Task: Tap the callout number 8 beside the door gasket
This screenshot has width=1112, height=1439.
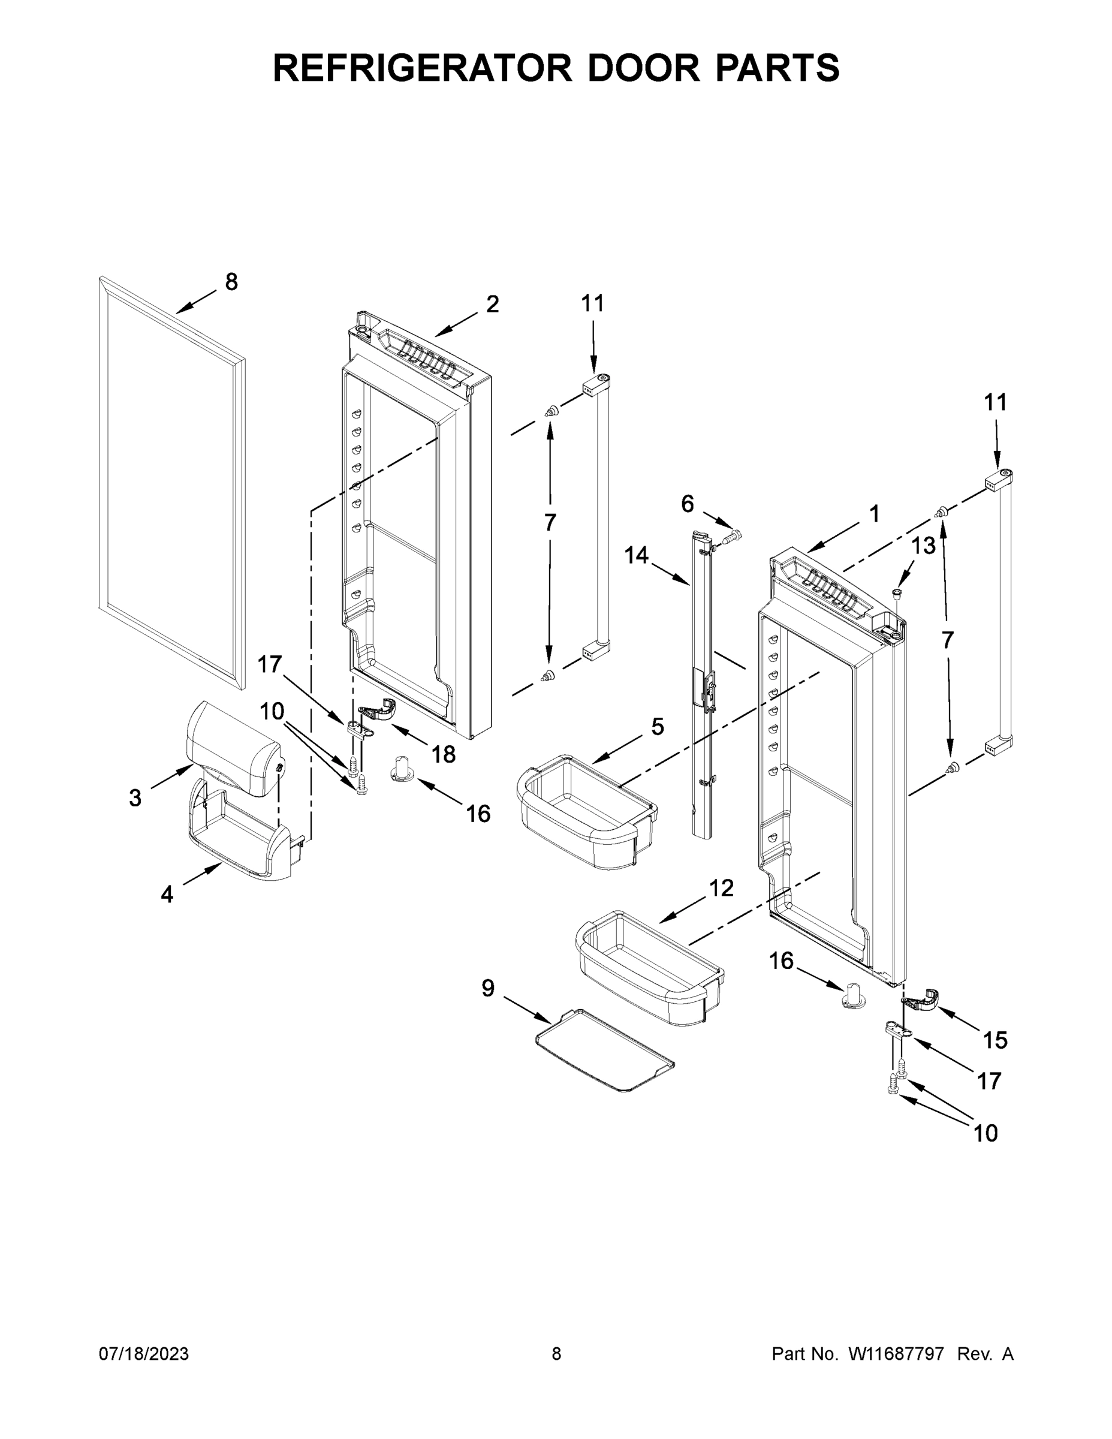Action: click(x=231, y=282)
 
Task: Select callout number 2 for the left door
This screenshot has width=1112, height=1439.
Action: click(x=492, y=304)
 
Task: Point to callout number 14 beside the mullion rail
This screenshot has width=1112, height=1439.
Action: click(x=637, y=555)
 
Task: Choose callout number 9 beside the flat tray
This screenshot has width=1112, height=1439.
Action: click(x=487, y=1006)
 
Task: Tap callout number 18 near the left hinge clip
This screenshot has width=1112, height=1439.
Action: click(x=444, y=754)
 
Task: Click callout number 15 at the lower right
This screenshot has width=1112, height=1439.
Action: click(x=995, y=1040)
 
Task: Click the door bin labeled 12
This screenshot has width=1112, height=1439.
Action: click(x=649, y=969)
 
